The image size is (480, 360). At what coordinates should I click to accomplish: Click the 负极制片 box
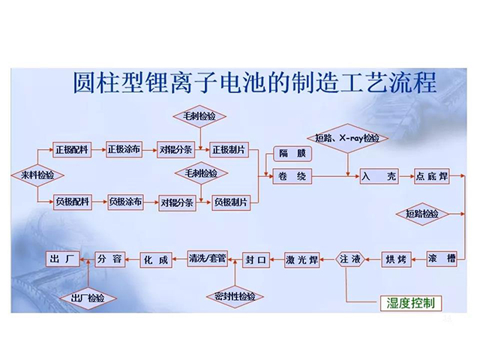(231, 202)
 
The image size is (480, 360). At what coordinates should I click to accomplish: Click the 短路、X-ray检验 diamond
(346, 139)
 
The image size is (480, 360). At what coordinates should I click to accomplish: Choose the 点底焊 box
(433, 178)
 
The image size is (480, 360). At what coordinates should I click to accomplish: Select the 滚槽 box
(440, 258)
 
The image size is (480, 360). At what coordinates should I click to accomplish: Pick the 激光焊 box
(301, 259)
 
